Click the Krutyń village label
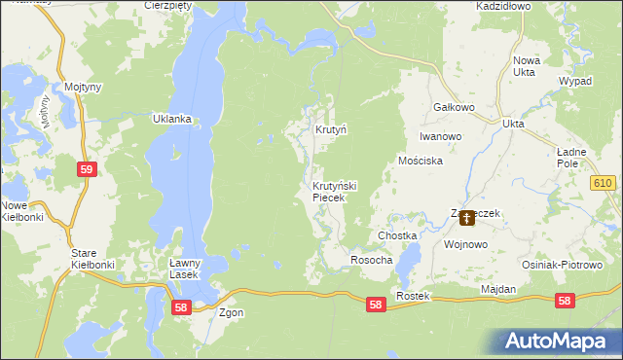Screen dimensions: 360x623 [x=331, y=129]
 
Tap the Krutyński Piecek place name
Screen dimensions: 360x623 [x=335, y=191]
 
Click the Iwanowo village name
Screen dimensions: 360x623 [x=440, y=137]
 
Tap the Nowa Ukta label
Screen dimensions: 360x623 [x=526, y=67]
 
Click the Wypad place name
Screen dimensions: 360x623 [x=575, y=81]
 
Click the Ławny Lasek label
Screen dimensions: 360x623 [x=184, y=269]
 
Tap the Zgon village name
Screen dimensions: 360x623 [x=232, y=312]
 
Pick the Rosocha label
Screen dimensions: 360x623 [x=371, y=261]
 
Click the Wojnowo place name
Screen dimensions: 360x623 [x=464, y=245]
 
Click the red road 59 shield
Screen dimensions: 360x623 [x=87, y=169]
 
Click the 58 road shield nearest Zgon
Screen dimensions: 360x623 [x=180, y=306]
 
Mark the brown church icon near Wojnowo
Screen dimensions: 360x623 [x=468, y=220]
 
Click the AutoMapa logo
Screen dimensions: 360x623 [x=558, y=341]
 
